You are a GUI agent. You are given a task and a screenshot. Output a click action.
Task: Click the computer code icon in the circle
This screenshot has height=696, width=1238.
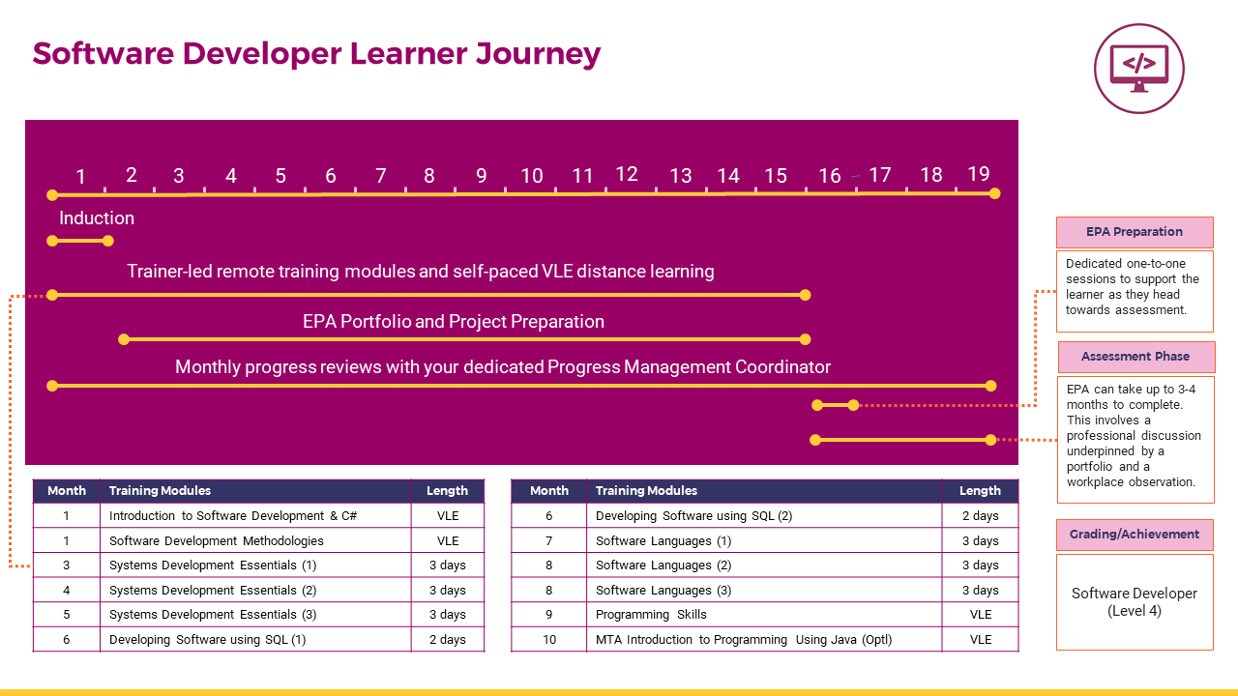[x=1139, y=69]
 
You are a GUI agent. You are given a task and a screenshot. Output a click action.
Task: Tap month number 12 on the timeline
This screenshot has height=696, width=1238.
[x=627, y=174]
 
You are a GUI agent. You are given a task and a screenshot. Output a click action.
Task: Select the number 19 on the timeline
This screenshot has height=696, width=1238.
[x=978, y=174]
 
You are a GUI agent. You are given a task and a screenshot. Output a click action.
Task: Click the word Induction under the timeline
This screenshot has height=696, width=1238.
[x=97, y=218]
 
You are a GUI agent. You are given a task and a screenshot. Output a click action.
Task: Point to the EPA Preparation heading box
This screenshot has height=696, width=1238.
[x=1135, y=232]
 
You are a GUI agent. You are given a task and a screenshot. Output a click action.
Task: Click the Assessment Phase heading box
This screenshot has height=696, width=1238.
[x=1135, y=357]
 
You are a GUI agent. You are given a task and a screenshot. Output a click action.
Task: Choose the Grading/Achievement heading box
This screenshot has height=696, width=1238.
[x=1135, y=535]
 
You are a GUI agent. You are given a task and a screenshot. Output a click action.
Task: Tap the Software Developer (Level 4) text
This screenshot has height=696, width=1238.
[x=1135, y=602]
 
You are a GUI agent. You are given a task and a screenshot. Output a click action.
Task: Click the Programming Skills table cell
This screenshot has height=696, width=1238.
[x=764, y=614]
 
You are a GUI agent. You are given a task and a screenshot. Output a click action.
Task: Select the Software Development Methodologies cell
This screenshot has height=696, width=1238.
[x=255, y=540]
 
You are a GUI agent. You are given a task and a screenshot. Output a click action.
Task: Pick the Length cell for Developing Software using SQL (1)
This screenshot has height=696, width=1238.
[x=448, y=640]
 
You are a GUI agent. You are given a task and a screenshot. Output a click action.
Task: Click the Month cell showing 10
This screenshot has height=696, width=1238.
[x=548, y=640]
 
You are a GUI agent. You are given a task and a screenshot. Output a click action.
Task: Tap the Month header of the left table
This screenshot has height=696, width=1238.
[x=67, y=490]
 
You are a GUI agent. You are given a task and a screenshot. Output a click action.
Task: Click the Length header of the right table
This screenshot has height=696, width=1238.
[x=980, y=490]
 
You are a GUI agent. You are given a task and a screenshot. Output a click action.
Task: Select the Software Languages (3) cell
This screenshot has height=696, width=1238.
[x=764, y=590]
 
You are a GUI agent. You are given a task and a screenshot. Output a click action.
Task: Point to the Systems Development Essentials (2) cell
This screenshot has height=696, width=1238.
[x=255, y=590]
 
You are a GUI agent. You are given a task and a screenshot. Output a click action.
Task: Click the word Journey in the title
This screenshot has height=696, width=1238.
[x=538, y=54]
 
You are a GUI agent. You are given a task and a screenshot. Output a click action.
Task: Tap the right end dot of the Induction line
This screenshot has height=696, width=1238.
[x=108, y=241]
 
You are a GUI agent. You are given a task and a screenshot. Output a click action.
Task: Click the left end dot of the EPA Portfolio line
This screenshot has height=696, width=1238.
[x=124, y=339]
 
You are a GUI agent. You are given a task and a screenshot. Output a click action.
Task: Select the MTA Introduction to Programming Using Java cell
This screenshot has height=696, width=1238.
[x=764, y=640]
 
